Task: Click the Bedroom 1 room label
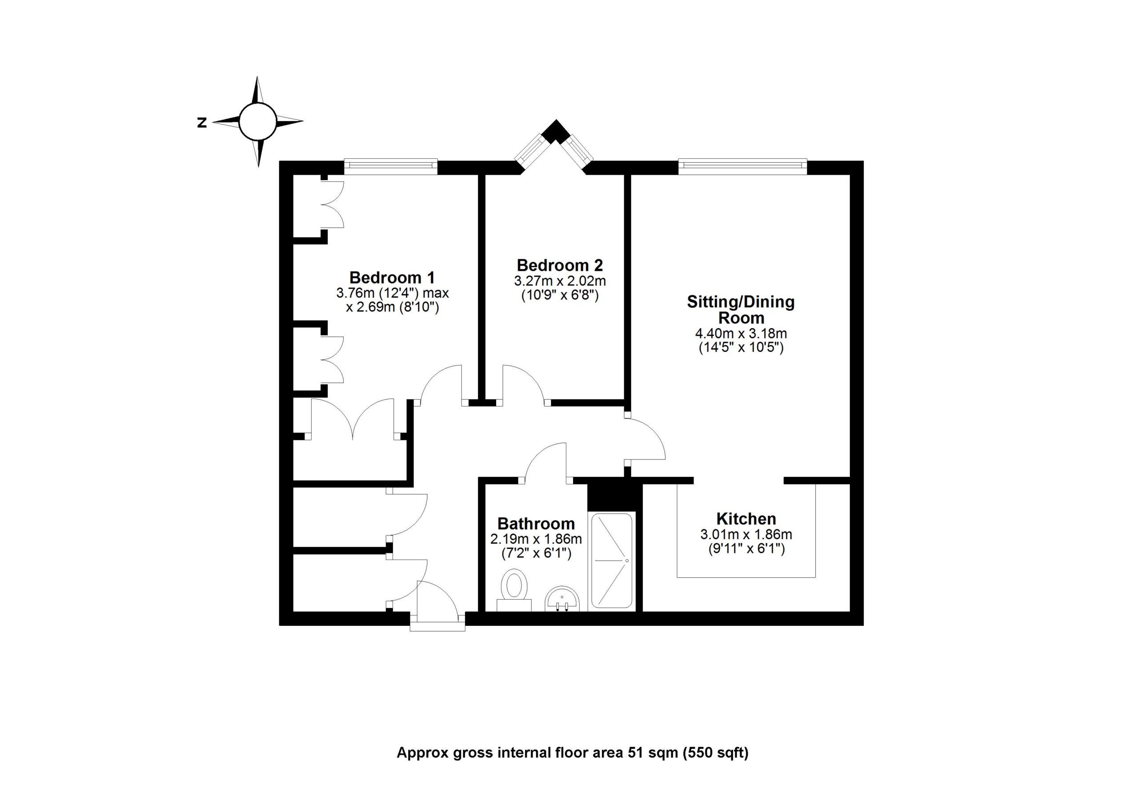[392, 277]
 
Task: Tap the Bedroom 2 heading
[560, 265]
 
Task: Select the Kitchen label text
[746, 519]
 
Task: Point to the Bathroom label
[536, 523]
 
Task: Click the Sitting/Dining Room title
[741, 310]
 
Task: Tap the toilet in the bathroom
[514, 590]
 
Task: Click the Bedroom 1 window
[391, 166]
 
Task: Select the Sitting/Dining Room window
[742, 166]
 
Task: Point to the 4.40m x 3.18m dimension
[741, 333]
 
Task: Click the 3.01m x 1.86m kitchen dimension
[746, 534]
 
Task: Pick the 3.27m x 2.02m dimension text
[560, 281]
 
